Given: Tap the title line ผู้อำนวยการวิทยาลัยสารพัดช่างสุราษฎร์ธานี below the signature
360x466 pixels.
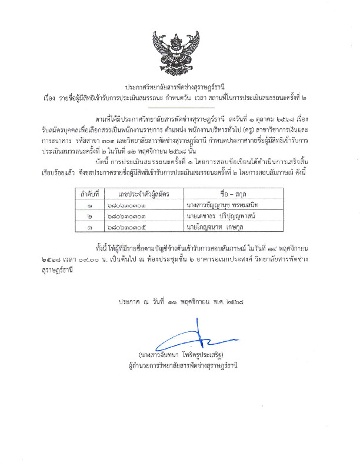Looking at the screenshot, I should click(179, 365).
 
